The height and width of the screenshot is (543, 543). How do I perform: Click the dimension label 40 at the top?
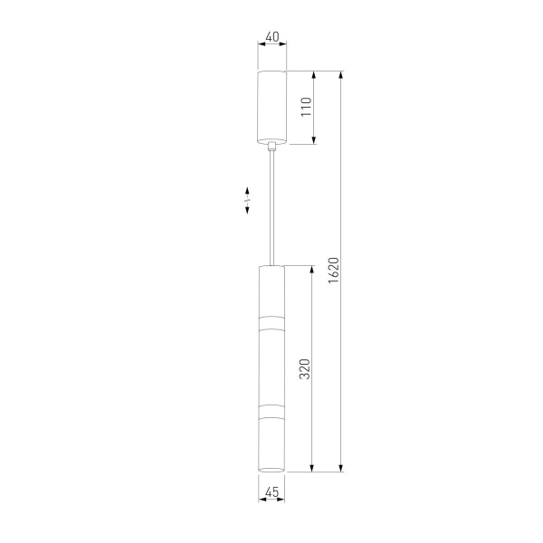pyautogui.click(x=272, y=36)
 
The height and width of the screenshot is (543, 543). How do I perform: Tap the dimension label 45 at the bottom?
pyautogui.click(x=271, y=491)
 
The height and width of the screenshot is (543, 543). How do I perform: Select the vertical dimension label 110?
pyautogui.click(x=307, y=107)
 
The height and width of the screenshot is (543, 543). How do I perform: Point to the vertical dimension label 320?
pyautogui.click(x=305, y=369)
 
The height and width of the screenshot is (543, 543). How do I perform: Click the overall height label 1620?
pyautogui.click(x=334, y=271)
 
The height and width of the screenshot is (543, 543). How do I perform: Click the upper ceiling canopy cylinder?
pyautogui.click(x=272, y=107)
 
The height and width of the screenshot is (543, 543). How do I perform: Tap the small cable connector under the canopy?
pyautogui.click(x=272, y=146)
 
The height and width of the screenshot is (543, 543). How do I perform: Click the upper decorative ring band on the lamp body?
pyautogui.click(x=271, y=323)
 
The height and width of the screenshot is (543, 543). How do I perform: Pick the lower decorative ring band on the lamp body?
pyautogui.click(x=271, y=411)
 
